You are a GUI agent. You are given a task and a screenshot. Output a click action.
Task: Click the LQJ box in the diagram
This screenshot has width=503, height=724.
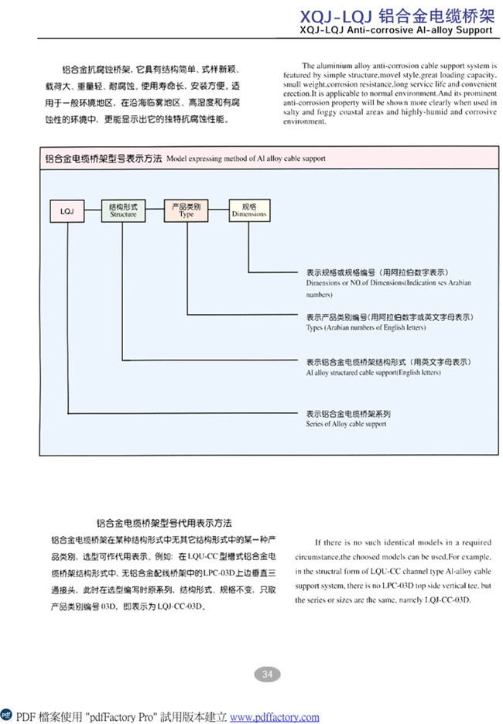67,211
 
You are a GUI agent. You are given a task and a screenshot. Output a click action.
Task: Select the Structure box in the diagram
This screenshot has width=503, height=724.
123,210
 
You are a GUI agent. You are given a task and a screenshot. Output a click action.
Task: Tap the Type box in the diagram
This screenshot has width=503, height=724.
186,210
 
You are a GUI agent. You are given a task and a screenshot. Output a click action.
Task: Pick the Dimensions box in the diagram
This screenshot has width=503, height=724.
249,210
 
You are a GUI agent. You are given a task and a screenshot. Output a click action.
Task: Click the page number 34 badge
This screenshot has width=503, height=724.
268,674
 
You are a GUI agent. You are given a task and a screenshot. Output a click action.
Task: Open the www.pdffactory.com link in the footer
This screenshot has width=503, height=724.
275,717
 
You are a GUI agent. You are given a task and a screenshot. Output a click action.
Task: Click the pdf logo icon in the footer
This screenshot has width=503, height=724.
6,715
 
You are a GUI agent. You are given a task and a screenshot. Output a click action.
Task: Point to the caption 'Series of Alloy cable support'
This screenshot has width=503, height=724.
346,424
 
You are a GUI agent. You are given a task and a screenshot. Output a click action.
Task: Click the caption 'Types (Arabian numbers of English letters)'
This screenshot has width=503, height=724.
366,327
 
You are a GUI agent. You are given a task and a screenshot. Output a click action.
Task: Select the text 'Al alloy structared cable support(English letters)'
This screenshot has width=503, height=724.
373,372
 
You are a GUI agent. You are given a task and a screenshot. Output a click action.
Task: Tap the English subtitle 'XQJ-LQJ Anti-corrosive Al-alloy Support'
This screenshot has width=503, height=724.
396,30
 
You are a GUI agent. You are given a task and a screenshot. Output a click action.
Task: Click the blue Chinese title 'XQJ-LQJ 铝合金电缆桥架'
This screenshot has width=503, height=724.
398,16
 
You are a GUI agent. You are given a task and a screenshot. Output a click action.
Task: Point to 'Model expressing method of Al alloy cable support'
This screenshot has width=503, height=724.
246,159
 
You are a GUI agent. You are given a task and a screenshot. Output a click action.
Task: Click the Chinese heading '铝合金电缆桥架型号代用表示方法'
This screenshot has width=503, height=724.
164,523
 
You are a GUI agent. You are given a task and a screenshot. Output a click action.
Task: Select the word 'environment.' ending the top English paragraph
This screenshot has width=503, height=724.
304,121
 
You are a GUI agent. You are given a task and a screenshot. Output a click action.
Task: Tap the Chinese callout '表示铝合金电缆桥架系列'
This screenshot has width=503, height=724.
348,414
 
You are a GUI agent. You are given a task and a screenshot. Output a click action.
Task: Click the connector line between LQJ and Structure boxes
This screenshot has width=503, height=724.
93,210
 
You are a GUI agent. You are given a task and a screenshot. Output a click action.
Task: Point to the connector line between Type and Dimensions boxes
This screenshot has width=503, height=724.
218,210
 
